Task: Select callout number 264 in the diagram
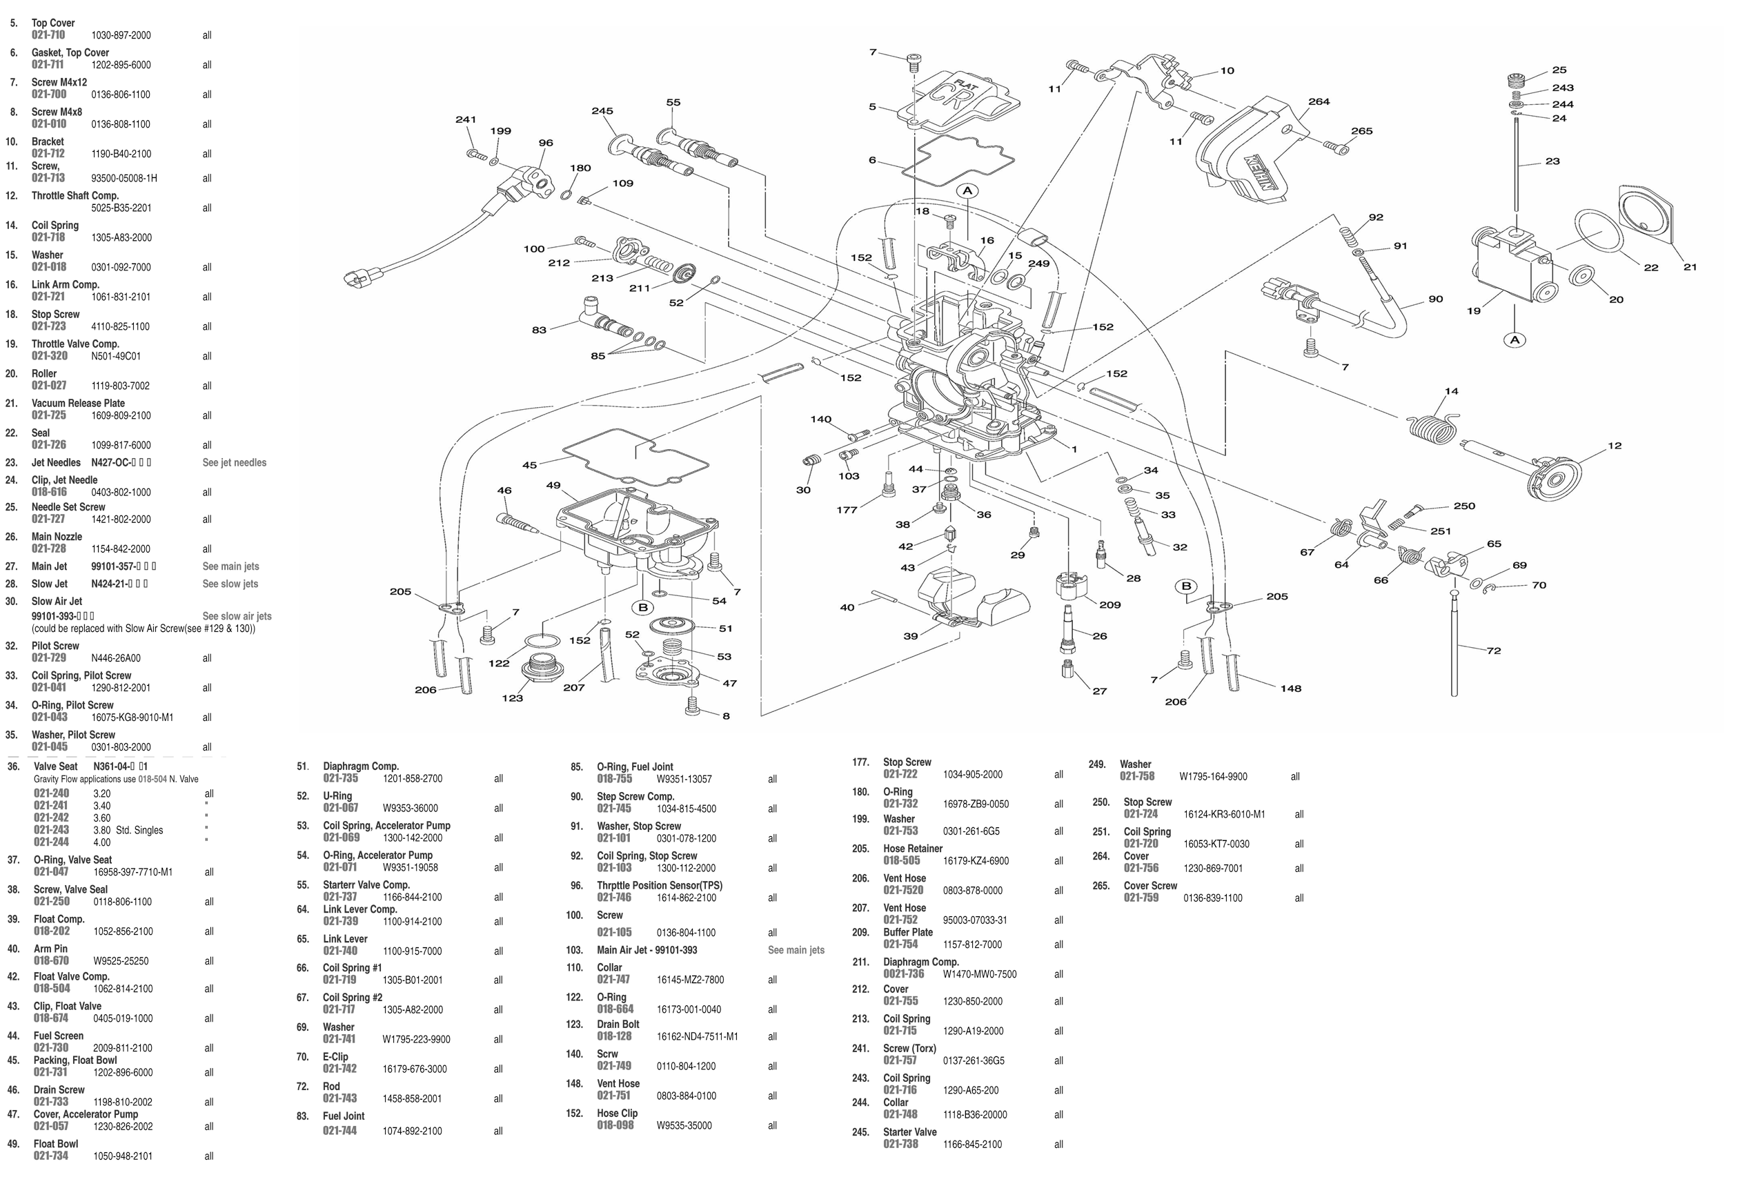pyautogui.click(x=1319, y=102)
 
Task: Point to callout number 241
pyautogui.click(x=466, y=119)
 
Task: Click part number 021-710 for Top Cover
pyautogui.click(x=48, y=35)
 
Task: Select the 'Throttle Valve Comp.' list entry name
pyautogui.click(x=75, y=344)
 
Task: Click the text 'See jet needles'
pyautogui.click(x=234, y=462)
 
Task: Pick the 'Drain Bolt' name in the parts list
pyautogui.click(x=618, y=1024)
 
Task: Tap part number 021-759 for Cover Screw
pyautogui.click(x=1141, y=898)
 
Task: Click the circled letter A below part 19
pyautogui.click(x=1515, y=340)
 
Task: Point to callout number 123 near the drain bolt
pyautogui.click(x=512, y=698)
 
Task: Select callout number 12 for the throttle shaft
pyautogui.click(x=1614, y=446)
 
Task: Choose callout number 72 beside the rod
pyautogui.click(x=1493, y=651)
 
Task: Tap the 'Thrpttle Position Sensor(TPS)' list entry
pyautogui.click(x=659, y=885)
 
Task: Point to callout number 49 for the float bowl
pyautogui.click(x=553, y=486)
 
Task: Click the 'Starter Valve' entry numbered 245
pyautogui.click(x=909, y=1132)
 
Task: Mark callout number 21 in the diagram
pyautogui.click(x=1689, y=267)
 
